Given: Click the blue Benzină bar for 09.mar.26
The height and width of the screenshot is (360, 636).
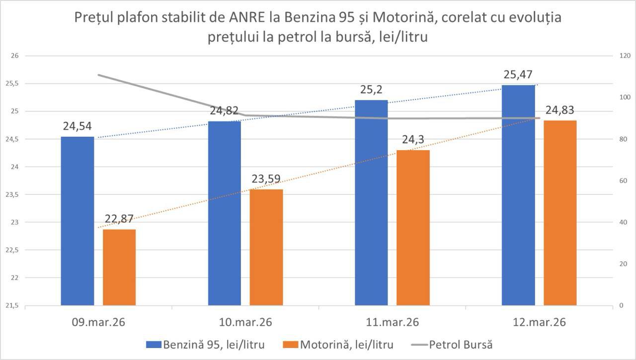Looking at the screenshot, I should (x=78, y=221).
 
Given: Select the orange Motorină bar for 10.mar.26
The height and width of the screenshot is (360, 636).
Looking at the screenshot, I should (x=266, y=247).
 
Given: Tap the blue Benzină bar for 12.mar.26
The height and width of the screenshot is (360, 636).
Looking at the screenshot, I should (x=518, y=195).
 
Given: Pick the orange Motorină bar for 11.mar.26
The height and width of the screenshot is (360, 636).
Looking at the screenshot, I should (x=413, y=227).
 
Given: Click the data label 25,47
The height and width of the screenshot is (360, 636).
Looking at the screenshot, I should (x=518, y=76).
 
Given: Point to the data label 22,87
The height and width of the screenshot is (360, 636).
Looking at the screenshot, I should (x=119, y=219).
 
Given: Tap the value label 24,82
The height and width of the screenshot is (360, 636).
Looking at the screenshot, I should (x=225, y=111).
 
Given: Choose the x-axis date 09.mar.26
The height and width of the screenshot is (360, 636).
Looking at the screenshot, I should (x=98, y=322).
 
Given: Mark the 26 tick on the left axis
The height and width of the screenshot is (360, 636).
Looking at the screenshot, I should (x=14, y=56).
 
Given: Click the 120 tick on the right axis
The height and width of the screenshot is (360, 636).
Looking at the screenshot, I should (x=621, y=56).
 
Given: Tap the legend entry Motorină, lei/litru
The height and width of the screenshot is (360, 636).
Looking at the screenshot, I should (x=346, y=345).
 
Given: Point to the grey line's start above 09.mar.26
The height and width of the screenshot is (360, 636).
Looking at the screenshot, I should (x=98, y=75).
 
